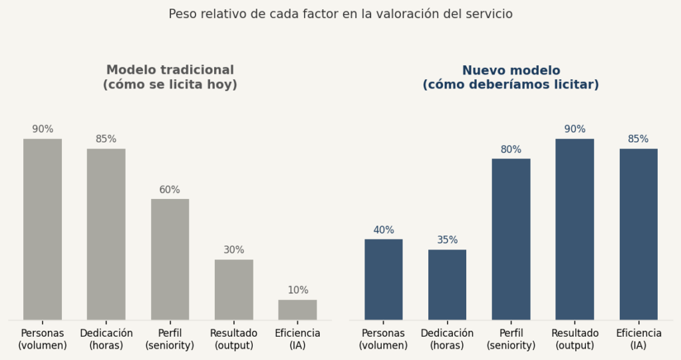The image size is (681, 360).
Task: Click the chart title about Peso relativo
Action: click(340, 13)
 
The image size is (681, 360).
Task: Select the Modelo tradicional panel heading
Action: click(170, 77)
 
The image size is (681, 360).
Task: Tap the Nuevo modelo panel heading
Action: click(511, 77)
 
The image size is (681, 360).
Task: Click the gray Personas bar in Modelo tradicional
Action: click(43, 229)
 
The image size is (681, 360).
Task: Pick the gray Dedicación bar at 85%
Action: click(106, 234)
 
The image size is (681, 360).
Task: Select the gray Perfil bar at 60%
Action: click(170, 259)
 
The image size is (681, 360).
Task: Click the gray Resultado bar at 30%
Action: click(233, 289)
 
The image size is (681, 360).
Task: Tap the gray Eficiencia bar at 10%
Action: click(297, 309)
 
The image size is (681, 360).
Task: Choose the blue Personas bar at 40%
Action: click(384, 279)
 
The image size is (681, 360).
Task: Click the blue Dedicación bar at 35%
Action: click(447, 284)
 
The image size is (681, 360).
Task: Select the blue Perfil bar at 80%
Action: click(511, 239)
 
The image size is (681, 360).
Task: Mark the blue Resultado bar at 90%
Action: click(575, 229)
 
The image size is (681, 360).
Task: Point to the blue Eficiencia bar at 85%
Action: click(638, 234)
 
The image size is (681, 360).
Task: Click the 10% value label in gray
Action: click(297, 290)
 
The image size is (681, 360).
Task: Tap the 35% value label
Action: click(447, 240)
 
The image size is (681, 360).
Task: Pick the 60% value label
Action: click(170, 190)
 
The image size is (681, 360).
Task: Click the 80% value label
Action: click(511, 150)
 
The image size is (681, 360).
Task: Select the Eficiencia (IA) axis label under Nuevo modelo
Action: click(638, 339)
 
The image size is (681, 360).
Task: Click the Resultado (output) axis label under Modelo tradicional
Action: click(233, 339)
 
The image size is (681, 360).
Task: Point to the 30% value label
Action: click(233, 250)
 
